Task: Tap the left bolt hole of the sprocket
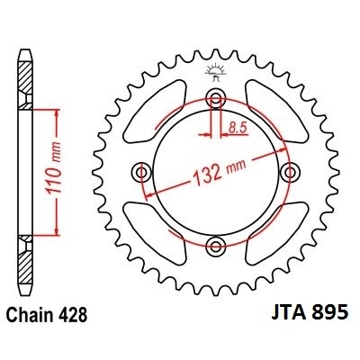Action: coord(140,172)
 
